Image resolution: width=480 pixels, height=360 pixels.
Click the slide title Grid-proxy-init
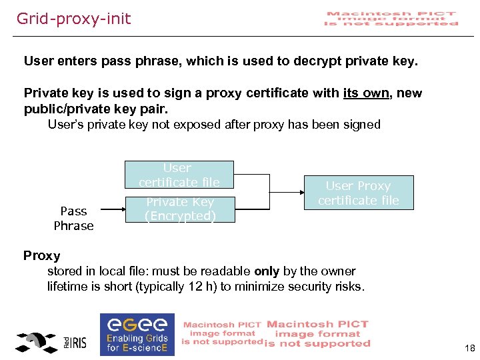(x=74, y=19)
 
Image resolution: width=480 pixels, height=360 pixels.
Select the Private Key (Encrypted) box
(x=180, y=209)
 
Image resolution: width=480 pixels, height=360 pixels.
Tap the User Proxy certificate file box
(x=358, y=193)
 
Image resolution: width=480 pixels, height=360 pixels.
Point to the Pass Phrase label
(x=73, y=218)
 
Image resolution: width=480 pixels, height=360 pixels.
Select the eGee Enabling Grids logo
(x=137, y=334)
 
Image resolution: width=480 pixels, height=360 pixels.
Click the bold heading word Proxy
(x=42, y=256)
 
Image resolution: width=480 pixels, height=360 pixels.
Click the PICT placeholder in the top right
(x=391, y=19)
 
